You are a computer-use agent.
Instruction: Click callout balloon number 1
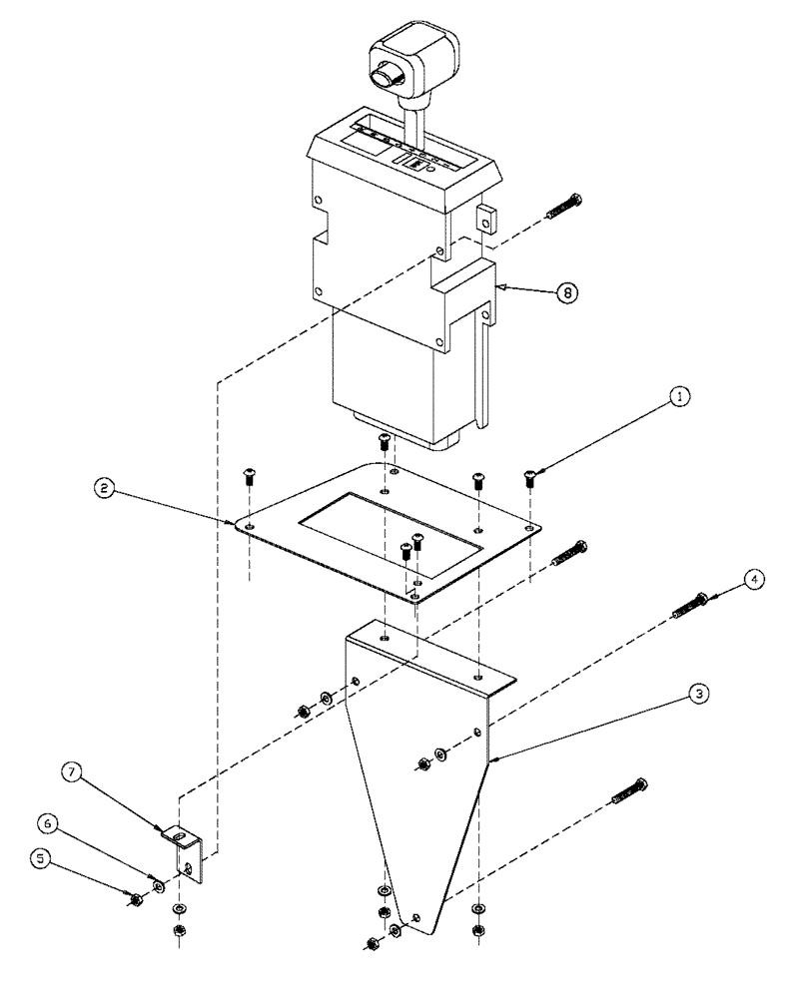point(679,397)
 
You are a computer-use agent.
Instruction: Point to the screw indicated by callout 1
point(530,480)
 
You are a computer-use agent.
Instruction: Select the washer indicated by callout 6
point(159,884)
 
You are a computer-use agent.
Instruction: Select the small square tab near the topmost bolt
point(484,219)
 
